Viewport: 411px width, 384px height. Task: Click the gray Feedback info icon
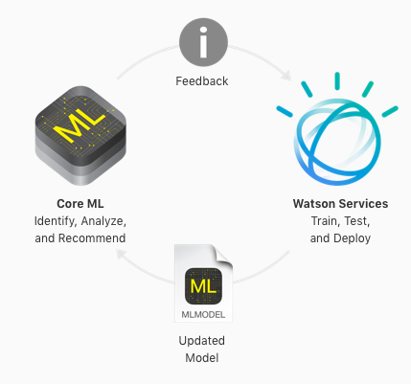point(203,42)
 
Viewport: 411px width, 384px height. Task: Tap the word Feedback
point(202,81)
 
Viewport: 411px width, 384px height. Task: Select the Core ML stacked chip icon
point(80,135)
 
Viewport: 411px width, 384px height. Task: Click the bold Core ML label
point(80,204)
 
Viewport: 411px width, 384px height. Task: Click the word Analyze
point(103,221)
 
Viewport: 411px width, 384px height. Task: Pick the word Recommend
point(92,238)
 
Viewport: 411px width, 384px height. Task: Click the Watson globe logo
point(337,129)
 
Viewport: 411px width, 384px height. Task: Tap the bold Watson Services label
point(340,204)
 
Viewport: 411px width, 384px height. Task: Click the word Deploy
point(352,238)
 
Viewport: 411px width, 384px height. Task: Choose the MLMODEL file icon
point(203,283)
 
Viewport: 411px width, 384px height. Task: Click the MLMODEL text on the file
point(203,315)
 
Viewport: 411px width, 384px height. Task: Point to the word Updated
point(202,341)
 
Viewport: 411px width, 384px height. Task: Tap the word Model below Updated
point(202,358)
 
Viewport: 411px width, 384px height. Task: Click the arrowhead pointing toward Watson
point(285,76)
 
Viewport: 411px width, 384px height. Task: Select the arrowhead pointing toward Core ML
point(122,254)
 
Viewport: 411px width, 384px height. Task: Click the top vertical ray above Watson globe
point(337,81)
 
